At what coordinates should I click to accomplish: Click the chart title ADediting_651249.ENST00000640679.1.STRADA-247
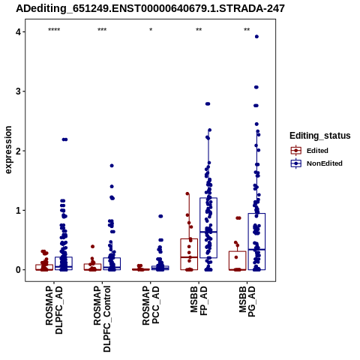[x=150, y=8]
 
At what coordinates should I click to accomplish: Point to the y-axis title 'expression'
[x=8, y=150]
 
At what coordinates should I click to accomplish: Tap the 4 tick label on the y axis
[x=19, y=32]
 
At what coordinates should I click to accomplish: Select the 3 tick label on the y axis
[x=19, y=91]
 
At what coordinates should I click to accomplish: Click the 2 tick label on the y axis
[x=19, y=151]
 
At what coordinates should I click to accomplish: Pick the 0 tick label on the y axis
[x=19, y=270]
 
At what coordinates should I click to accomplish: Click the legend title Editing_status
[x=320, y=136]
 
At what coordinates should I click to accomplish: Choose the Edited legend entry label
[x=317, y=151]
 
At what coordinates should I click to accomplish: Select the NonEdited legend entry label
[x=325, y=163]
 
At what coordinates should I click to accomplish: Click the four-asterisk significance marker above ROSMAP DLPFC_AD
[x=54, y=30]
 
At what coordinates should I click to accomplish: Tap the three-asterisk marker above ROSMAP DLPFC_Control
[x=102, y=30]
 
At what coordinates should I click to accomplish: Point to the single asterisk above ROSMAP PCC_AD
[x=151, y=30]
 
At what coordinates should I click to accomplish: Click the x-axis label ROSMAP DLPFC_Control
[x=102, y=319]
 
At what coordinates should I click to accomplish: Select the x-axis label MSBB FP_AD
[x=199, y=301]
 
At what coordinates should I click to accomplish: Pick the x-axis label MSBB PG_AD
[x=247, y=301]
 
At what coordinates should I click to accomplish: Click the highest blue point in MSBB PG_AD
[x=256, y=37]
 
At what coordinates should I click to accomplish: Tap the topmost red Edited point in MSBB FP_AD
[x=187, y=193]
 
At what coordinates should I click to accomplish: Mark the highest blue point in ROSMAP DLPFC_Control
[x=112, y=166]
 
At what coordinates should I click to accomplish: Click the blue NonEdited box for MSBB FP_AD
[x=208, y=228]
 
